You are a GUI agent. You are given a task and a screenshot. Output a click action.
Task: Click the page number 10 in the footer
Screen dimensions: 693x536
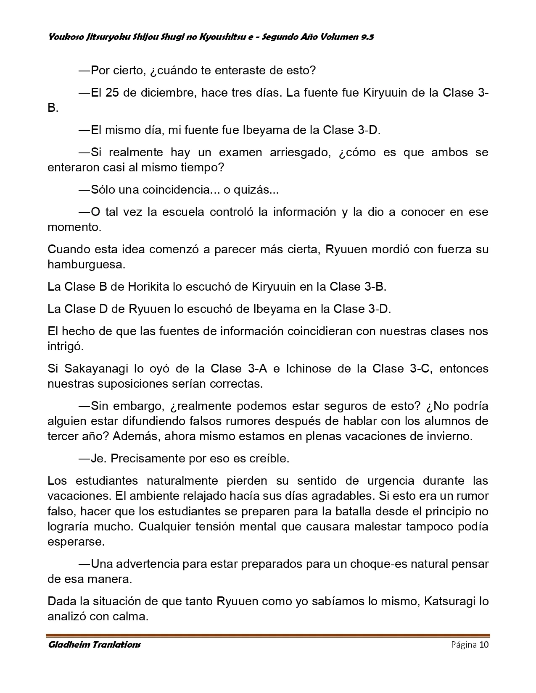pyautogui.click(x=483, y=645)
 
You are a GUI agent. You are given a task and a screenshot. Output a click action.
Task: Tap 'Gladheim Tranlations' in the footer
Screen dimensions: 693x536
pyautogui.click(x=94, y=645)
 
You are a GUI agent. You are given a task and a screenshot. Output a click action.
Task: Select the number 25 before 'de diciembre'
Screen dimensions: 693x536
pyautogui.click(x=112, y=92)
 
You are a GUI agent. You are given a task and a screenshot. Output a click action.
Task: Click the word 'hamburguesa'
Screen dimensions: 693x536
pyautogui.click(x=86, y=265)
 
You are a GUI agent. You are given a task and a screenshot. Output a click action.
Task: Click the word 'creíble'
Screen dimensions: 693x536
pyautogui.click(x=269, y=458)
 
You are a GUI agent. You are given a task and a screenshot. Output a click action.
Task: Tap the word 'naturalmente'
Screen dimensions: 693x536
pyautogui.click(x=182, y=480)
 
